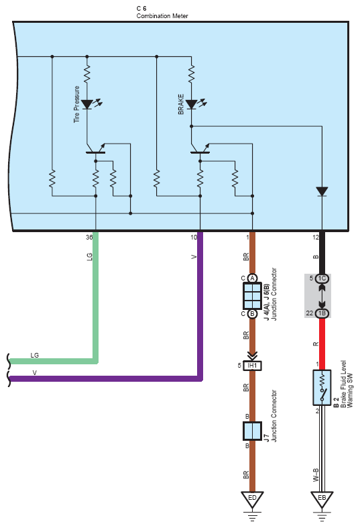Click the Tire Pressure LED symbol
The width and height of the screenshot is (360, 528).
click(87, 105)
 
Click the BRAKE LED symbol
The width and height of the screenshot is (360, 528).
click(192, 105)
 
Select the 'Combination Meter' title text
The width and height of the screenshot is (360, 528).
click(162, 16)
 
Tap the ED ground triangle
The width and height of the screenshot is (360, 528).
click(252, 499)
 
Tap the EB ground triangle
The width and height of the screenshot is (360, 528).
click(322, 499)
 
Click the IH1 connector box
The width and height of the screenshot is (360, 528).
click(252, 366)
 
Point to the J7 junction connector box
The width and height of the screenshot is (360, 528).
click(252, 431)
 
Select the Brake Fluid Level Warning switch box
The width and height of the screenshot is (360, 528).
click(322, 387)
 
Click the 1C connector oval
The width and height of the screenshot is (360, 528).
click(322, 278)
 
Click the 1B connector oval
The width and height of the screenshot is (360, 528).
click(322, 313)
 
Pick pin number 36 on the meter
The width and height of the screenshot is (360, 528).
click(88, 237)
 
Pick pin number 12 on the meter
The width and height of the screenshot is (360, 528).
click(315, 237)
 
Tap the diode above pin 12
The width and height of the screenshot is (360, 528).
click(322, 192)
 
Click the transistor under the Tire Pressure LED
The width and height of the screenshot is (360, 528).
click(96, 150)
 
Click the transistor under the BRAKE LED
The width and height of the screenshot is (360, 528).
click(200, 150)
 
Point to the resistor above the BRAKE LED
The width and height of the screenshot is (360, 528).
click(192, 74)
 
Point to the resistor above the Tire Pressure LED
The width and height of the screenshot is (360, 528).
click(87, 74)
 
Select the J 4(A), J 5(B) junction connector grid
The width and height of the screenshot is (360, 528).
click(252, 296)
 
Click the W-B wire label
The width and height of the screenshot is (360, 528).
click(316, 475)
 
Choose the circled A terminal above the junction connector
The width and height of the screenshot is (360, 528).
click(252, 278)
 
